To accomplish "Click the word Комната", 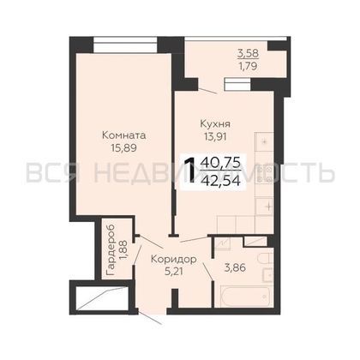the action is point(124,135).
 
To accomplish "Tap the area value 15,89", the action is point(124,147).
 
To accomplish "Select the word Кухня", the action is point(215,124).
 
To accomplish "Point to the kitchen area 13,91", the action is point(215,136).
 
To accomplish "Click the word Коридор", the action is point(174,259).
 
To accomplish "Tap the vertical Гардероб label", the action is point(111,250).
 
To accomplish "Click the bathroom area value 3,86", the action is point(235,268).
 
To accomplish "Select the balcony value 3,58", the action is point(249,53).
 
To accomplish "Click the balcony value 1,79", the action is point(249,66).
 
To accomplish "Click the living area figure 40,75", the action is point(220,163).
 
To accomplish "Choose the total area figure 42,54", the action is point(220,180).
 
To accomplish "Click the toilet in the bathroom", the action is point(264,259).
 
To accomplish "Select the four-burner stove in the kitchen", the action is point(265,174).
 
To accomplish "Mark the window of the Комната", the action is point(125,45).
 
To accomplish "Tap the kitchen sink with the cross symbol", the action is point(265,206).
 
